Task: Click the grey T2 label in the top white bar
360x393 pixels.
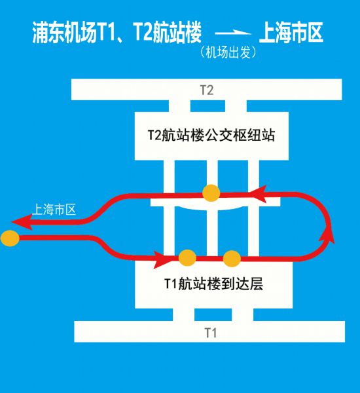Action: [207, 90]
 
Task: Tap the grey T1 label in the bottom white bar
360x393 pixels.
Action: [211, 333]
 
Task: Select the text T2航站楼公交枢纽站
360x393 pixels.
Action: [211, 136]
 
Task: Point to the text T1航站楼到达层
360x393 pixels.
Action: [213, 284]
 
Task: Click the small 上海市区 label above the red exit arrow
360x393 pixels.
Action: [54, 210]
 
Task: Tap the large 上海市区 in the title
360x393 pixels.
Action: [291, 33]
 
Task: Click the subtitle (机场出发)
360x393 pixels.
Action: [228, 52]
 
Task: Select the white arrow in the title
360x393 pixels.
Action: [233, 32]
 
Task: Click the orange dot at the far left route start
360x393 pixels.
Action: [10, 238]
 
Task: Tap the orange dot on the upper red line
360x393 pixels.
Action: [211, 193]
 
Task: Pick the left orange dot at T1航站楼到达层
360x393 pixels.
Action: [187, 257]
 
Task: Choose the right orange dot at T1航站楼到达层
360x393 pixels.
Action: [232, 259]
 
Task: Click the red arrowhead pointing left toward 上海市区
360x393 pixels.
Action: [22, 222]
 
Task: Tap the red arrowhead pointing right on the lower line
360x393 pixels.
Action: [163, 259]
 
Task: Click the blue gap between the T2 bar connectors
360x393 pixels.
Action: [207, 106]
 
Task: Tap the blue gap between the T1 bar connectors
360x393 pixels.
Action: [213, 314]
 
